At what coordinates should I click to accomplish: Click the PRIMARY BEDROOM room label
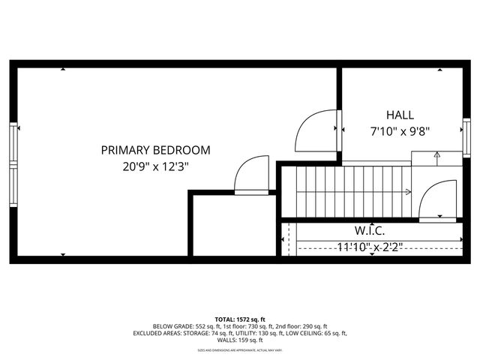pyautogui.click(x=155, y=150)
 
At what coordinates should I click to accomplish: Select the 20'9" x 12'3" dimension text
pyautogui.click(x=155, y=167)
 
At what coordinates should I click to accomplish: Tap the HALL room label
pyautogui.click(x=400, y=115)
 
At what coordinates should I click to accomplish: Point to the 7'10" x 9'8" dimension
pyautogui.click(x=400, y=131)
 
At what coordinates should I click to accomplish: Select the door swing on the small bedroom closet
pyautogui.click(x=253, y=175)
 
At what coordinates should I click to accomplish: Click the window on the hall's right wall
pyautogui.click(x=466, y=127)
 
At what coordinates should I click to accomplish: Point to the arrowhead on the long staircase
pyautogui.click(x=407, y=192)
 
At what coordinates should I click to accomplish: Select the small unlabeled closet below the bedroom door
pyautogui.click(x=232, y=225)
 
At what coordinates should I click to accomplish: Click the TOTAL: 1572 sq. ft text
pyautogui.click(x=240, y=319)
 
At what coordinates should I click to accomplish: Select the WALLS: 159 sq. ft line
pyautogui.click(x=240, y=340)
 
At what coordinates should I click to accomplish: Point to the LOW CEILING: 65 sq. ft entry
pyautogui.click(x=318, y=333)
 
